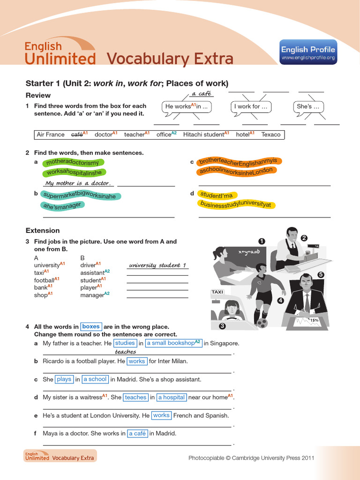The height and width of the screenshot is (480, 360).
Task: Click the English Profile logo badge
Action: tap(308, 52)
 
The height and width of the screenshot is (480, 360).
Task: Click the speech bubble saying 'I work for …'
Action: tap(251, 106)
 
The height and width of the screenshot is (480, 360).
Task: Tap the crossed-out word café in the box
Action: tap(76, 135)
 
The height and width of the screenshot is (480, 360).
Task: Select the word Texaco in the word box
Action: tap(270, 135)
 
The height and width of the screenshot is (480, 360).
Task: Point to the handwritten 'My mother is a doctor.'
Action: tap(77, 183)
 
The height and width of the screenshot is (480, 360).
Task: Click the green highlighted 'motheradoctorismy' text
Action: tap(73, 163)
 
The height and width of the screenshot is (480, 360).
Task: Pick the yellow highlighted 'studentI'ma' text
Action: tap(216, 195)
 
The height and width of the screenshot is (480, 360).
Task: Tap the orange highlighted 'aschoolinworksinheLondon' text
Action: tap(236, 171)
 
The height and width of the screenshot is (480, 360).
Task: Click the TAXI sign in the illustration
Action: tap(217, 292)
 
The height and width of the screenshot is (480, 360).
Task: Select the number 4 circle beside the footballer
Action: tap(281, 300)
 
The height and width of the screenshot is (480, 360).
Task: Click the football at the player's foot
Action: tap(262, 322)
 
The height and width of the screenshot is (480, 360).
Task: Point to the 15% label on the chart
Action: tap(314, 320)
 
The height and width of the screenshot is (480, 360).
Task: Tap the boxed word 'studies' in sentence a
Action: tap(125, 343)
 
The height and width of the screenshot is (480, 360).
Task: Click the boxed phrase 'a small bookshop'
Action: tap(173, 343)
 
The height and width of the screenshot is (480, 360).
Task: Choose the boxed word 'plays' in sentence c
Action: tap(64, 379)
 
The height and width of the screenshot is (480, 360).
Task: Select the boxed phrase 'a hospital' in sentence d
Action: tap(171, 397)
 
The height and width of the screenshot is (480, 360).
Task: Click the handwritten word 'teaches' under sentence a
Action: tap(125, 352)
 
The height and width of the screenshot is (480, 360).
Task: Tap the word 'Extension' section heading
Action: tap(43, 231)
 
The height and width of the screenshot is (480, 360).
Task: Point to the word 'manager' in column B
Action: tap(92, 295)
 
